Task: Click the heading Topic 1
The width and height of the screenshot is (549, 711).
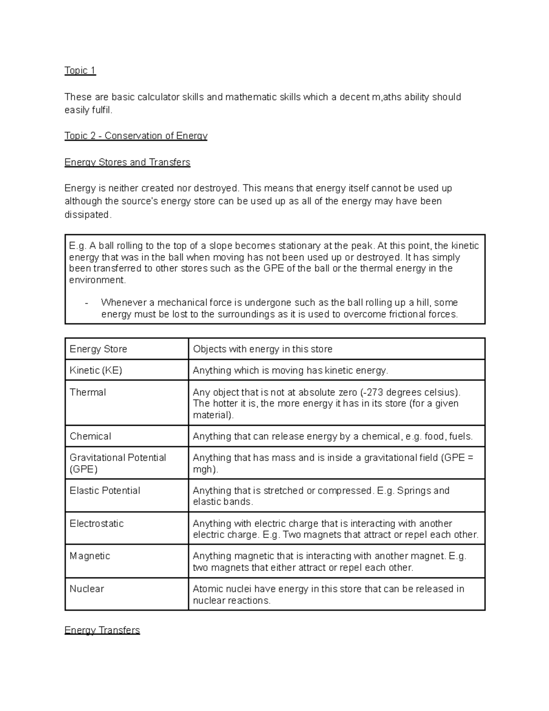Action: point(80,71)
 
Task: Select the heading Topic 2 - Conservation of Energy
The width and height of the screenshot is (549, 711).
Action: point(136,136)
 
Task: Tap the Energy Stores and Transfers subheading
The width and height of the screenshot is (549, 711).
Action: point(127,163)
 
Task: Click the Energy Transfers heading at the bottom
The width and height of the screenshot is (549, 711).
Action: point(102,630)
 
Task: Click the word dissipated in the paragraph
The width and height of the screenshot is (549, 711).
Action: point(87,215)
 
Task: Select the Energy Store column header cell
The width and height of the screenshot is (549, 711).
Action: point(98,349)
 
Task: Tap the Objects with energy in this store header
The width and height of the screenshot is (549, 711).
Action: point(263,349)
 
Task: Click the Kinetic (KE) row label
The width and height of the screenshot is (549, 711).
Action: point(96,370)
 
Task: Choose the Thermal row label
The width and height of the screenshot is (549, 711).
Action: point(87,392)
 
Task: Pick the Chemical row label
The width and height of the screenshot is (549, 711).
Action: point(90,436)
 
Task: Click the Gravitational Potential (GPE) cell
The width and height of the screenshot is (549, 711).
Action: point(118,463)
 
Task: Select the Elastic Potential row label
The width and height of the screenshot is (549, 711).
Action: point(105,490)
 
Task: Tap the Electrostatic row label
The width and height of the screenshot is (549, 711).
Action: point(97,523)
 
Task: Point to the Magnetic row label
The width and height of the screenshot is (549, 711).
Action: point(90,556)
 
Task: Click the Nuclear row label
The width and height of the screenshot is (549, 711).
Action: point(86,589)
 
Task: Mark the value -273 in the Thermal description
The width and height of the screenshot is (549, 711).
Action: point(372,392)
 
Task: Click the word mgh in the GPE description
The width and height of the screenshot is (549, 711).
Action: point(203,469)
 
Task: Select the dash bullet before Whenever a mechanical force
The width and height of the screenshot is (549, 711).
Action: point(86,303)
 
